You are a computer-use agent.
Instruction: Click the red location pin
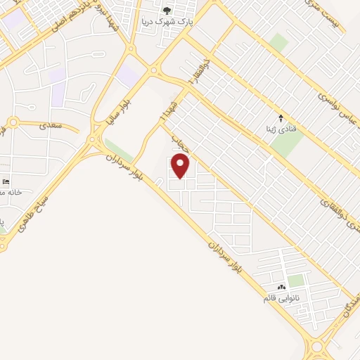point(181,166)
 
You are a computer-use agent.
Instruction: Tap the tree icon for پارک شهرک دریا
point(167,10)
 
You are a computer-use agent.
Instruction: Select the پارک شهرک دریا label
point(167,21)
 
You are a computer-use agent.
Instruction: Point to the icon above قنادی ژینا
point(281,117)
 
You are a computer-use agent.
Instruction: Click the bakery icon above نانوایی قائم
point(282,287)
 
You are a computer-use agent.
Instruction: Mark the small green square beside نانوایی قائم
point(296,281)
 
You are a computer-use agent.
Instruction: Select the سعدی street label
point(52,125)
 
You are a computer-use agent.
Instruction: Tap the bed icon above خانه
point(6,181)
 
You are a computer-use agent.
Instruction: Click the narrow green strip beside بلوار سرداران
point(119,150)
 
